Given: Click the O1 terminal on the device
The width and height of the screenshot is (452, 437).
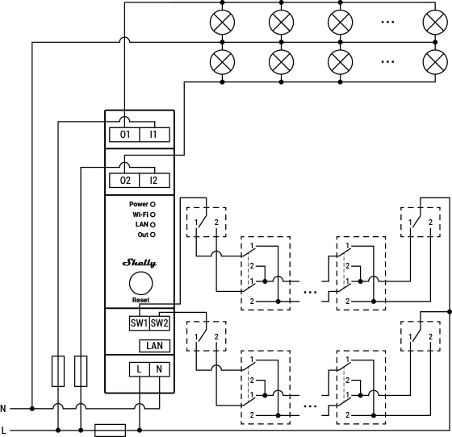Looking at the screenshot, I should coord(124,135).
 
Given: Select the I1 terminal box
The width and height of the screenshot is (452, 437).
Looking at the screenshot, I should coord(153,135).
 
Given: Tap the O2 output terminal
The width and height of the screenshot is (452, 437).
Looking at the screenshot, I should coord(124,181).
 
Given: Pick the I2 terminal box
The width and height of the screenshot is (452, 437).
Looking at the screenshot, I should coord(153,181).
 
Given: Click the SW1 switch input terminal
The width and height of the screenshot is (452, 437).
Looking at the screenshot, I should coord(139,323).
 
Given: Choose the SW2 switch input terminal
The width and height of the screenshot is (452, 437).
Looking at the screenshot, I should coord(160,323).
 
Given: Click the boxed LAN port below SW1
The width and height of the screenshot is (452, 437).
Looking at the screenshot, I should coord(154,346).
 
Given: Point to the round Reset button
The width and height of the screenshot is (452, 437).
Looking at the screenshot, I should coord(140,283).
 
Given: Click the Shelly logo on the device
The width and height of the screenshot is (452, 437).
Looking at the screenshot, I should coord(140,262).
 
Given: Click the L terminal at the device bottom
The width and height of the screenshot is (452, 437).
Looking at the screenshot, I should coord(140,368).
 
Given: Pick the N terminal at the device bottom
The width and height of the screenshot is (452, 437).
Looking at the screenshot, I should coord(159,368).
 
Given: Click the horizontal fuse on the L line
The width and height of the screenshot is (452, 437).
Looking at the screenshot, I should coord(110,430).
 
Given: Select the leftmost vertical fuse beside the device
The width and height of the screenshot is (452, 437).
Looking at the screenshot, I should coord(58,371).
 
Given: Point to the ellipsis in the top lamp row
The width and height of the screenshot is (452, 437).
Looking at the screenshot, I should coord(387,23).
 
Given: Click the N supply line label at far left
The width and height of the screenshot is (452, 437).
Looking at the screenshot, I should coord(4,409).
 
